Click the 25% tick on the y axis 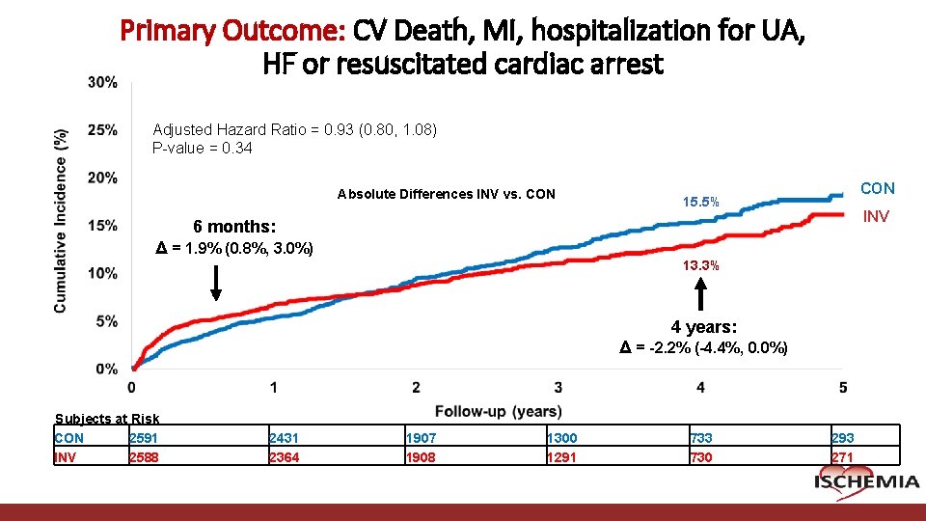tap(103, 129)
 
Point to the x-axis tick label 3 tap(558, 388)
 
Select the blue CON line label tap(877, 188)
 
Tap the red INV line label tap(875, 217)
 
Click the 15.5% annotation tap(700, 203)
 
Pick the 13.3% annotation tap(700, 266)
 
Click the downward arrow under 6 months tap(216, 283)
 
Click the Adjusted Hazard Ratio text tap(294, 129)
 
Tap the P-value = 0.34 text tap(203, 148)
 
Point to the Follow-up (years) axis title tap(498, 411)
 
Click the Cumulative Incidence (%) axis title tap(61, 220)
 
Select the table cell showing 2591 tap(144, 438)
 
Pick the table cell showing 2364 tap(285, 457)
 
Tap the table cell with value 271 tap(842, 457)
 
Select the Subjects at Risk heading tap(107, 419)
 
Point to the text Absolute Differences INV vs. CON tap(446, 194)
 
